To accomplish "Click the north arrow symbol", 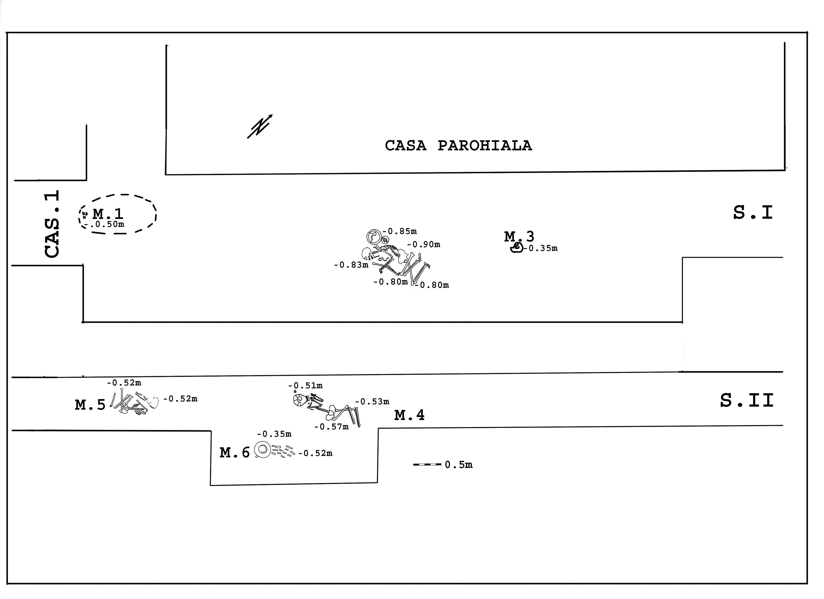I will click(x=259, y=126).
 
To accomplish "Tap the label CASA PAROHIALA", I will click(x=458, y=146).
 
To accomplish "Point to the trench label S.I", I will click(x=753, y=213).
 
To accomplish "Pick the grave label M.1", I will click(x=108, y=214).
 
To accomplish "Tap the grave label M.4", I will click(x=409, y=415).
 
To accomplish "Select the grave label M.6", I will click(x=235, y=452).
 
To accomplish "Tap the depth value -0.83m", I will click(x=351, y=265).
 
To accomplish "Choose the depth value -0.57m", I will click(x=331, y=427).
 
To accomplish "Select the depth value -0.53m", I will click(x=372, y=402).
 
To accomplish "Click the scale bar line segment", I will click(x=427, y=464).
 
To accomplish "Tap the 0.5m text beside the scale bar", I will click(x=458, y=465).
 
